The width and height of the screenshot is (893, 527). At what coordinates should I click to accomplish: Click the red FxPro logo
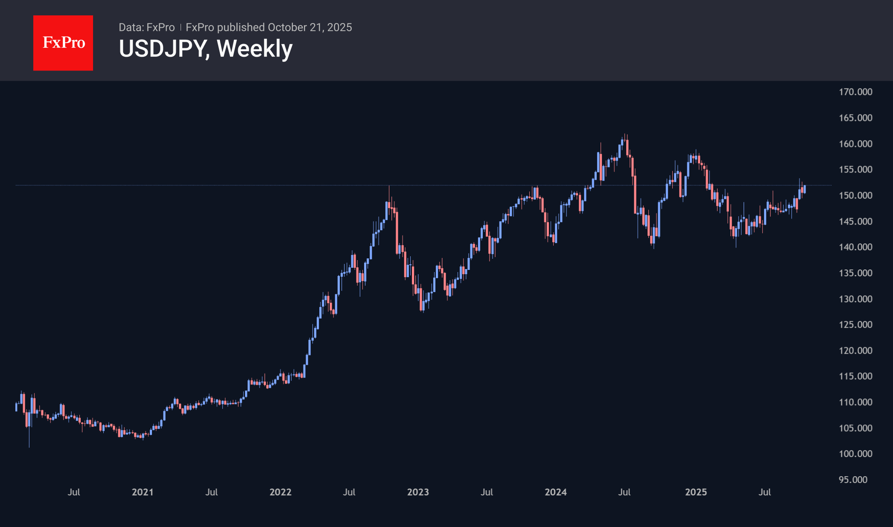pos(63,43)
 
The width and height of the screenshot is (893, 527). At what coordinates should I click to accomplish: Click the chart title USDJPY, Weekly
pos(205,49)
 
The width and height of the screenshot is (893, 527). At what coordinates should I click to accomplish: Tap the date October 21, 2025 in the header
pos(309,27)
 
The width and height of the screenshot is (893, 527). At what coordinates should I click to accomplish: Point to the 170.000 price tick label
pos(855,92)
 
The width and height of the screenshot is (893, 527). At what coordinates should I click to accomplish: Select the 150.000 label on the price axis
pos(855,196)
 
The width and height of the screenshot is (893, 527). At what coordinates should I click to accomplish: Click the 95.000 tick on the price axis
pos(853,480)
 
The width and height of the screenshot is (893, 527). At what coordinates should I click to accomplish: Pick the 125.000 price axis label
pos(855,325)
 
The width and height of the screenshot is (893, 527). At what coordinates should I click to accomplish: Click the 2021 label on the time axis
pos(143,492)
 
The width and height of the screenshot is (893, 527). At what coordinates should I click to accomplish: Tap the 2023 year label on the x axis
pos(418,492)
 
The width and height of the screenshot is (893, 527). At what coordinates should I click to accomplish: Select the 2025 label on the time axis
pos(696,492)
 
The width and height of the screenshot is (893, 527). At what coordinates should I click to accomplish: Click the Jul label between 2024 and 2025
pos(625,492)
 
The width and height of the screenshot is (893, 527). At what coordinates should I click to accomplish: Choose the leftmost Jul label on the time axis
pos(74,492)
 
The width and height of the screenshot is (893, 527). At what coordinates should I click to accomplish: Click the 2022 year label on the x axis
pos(280,492)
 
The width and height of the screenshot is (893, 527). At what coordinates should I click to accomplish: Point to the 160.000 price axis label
pos(855,144)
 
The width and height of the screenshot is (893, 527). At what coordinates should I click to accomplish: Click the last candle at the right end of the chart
pos(804,189)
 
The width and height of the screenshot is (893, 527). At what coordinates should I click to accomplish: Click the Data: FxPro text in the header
pos(146,27)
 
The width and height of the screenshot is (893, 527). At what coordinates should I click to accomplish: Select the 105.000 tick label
pos(855,428)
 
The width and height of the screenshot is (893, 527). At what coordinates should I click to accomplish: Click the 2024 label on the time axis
pos(556,492)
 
